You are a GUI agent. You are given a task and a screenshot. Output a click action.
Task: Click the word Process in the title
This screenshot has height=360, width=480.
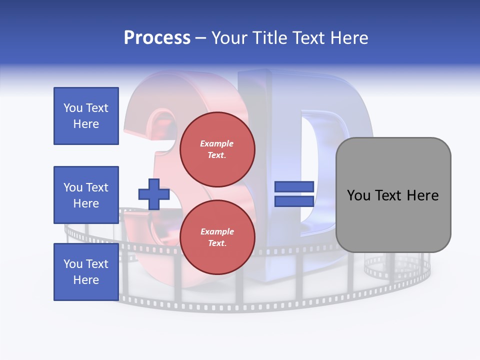click(157, 38)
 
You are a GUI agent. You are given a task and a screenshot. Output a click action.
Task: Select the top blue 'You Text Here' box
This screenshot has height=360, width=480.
click(86, 116)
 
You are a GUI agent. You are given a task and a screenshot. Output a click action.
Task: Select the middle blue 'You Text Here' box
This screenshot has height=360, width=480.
click(86, 195)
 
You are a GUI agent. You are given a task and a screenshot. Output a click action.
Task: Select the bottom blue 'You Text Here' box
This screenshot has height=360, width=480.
click(86, 272)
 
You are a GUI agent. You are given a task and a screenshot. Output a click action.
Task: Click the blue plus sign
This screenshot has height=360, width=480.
click(153, 194)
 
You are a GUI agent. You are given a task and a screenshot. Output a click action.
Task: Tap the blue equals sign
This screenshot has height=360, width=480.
click(294, 194)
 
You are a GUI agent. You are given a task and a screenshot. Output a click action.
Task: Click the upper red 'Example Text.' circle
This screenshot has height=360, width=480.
click(217, 149)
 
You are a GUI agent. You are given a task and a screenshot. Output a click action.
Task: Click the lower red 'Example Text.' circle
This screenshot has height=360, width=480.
click(217, 237)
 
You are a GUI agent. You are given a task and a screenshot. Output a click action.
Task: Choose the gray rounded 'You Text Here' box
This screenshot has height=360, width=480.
click(393, 195)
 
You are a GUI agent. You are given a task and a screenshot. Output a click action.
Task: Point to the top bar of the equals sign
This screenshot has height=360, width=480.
click(294, 187)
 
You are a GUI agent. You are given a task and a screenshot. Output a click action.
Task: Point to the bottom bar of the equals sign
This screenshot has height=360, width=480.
click(294, 201)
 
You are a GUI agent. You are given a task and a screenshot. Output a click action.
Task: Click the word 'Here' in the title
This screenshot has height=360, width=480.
click(348, 38)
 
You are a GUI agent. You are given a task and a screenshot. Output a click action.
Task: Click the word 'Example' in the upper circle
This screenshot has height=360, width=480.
click(217, 144)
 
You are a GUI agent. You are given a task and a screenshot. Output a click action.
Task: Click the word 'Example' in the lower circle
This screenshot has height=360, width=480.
click(217, 232)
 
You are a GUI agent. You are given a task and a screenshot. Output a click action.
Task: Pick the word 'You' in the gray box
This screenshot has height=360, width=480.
click(359, 195)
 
